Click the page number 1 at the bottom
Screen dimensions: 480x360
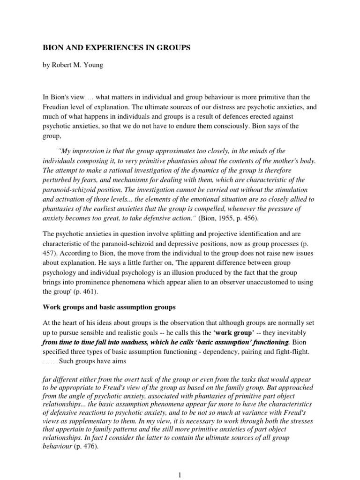(x=180, y=474)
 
